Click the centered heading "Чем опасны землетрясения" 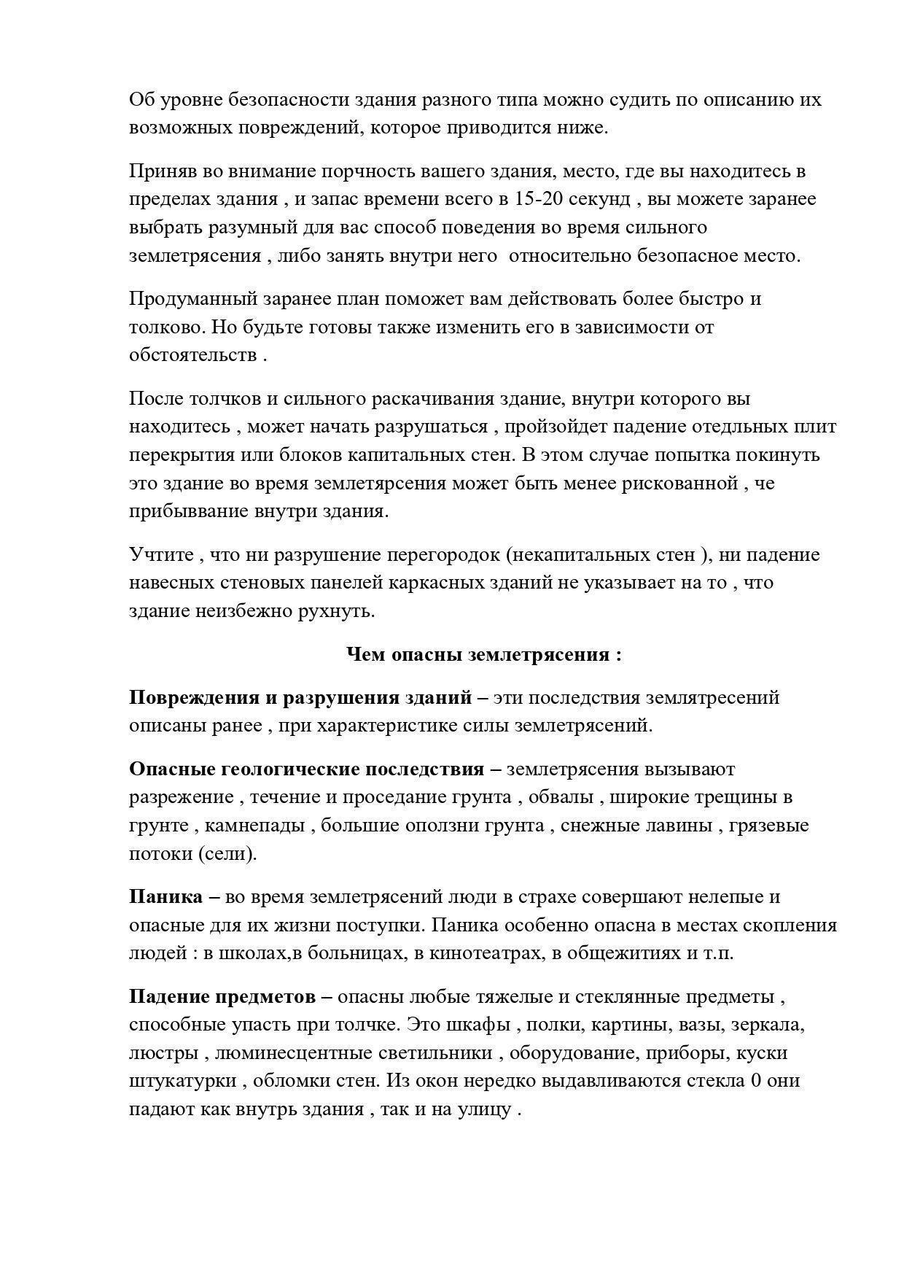(x=484, y=654)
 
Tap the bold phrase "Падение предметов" (x=222, y=997)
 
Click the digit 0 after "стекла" (x=756, y=1081)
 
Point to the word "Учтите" (x=161, y=555)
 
